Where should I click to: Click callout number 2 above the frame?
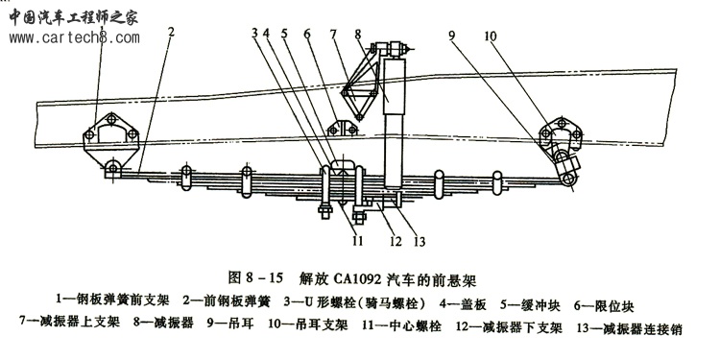[x=171, y=32]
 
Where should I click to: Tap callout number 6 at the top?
[x=307, y=34]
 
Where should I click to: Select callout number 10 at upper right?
[x=490, y=36]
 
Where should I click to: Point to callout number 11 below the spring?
[x=358, y=240]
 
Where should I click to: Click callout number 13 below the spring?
[x=420, y=241]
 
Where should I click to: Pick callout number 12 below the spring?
[x=396, y=241]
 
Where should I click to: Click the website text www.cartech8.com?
[x=74, y=37]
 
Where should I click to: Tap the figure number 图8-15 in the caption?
[x=255, y=278]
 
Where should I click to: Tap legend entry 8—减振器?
[x=164, y=323]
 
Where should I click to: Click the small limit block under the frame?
[x=343, y=128]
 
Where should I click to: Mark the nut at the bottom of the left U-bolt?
[x=325, y=212]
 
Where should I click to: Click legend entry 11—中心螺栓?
[x=402, y=326]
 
